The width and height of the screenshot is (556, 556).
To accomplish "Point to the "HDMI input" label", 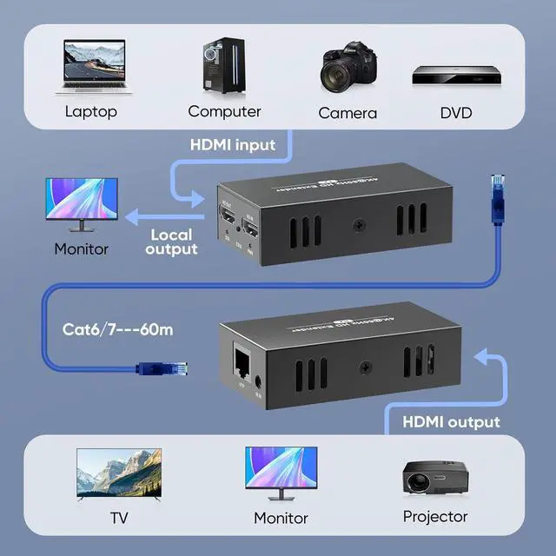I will (233, 144).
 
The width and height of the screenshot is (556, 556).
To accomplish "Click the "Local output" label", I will (172, 242).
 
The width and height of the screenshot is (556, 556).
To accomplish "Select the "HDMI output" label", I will (451, 421).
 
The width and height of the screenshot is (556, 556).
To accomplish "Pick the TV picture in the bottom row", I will (119, 473).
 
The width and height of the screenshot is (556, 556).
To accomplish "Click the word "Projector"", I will (434, 516).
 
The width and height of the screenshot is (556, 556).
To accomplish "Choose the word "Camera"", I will (347, 113).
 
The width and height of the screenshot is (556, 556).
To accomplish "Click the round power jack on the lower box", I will (260, 380).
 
